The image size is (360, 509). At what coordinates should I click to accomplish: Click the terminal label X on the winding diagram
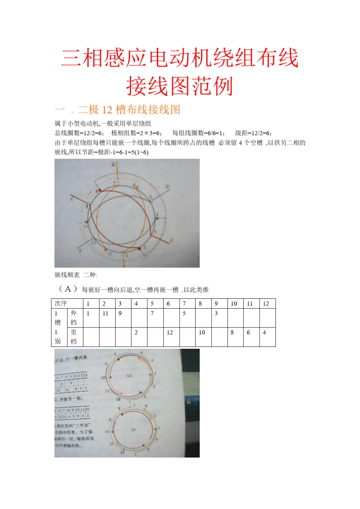tap(113, 164)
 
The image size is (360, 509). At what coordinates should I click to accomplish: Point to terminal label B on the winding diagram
tap(167, 187)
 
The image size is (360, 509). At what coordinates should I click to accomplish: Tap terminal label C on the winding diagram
tap(72, 198)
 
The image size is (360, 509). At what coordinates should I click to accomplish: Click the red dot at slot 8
tap(100, 190)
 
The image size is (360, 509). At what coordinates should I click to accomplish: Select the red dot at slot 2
tap(139, 248)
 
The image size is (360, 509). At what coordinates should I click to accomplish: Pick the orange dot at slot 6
tap(137, 187)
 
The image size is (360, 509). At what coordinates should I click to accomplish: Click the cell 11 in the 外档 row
tap(105, 313)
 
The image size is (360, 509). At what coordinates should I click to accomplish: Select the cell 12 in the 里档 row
tap(170, 333)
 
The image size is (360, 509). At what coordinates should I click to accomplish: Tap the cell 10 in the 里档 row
tap(202, 333)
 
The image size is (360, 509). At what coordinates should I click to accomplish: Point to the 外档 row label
tap(74, 318)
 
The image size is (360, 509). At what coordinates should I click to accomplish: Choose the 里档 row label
tap(74, 337)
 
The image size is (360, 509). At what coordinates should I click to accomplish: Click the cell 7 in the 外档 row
tap(152, 313)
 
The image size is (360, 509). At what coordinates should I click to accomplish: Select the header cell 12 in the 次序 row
tap(266, 303)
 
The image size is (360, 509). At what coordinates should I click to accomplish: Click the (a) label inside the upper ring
tap(129, 376)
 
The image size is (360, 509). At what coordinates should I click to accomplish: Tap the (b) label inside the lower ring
tap(133, 430)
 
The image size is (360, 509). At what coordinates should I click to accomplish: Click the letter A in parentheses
tap(68, 289)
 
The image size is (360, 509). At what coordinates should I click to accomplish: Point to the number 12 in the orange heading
tap(107, 110)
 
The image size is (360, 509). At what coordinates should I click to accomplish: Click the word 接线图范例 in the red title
tap(180, 86)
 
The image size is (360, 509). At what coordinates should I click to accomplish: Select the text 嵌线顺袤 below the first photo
tap(67, 275)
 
